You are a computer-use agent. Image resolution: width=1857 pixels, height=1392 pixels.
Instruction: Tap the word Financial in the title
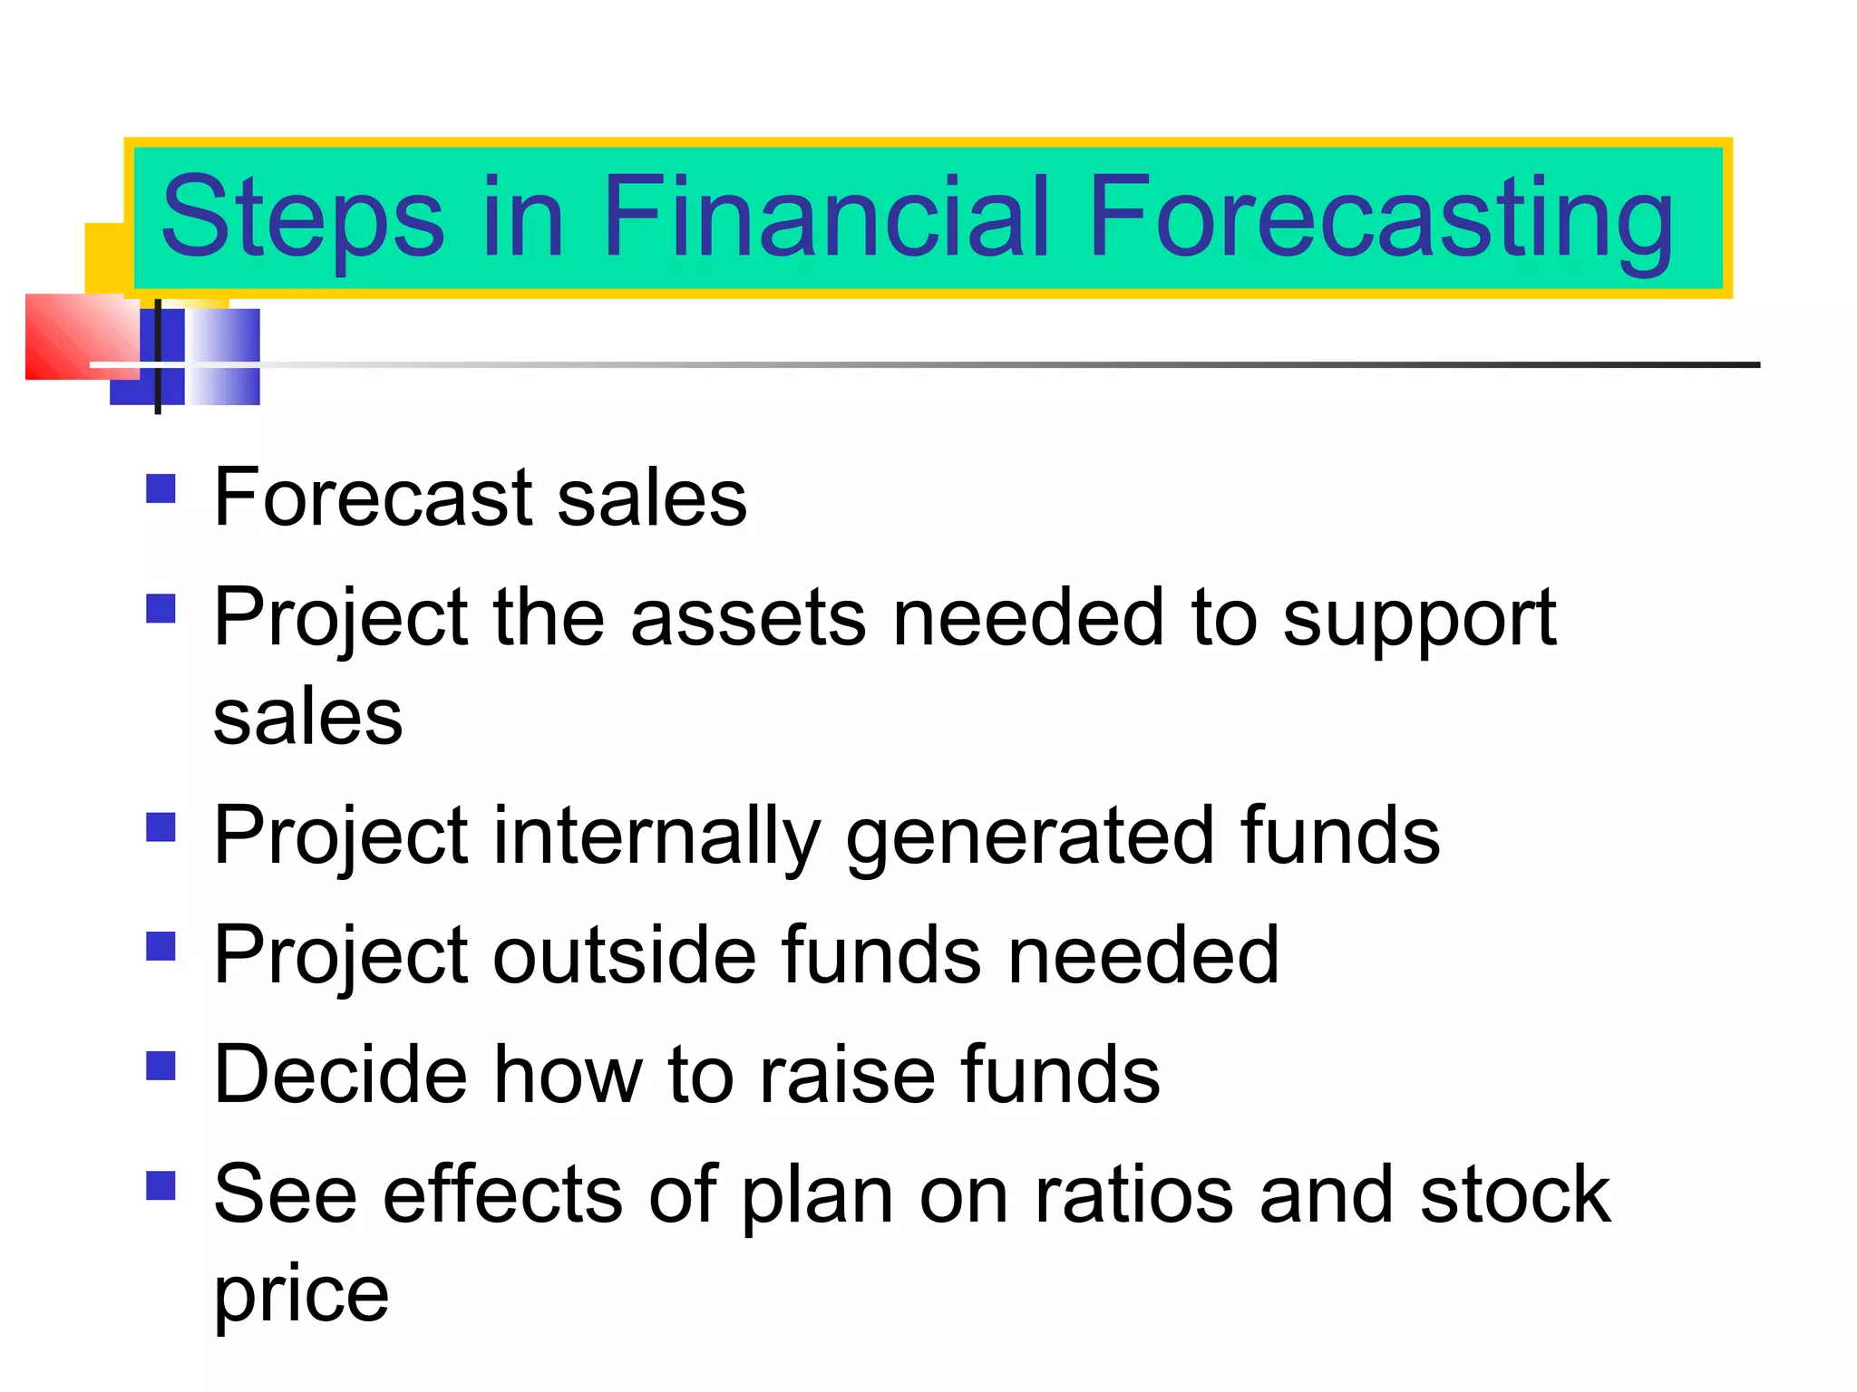click(x=825, y=217)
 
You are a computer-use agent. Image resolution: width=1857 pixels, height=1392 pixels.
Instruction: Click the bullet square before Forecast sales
click(x=160, y=489)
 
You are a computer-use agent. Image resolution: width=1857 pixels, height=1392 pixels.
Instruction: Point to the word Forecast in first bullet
click(x=373, y=498)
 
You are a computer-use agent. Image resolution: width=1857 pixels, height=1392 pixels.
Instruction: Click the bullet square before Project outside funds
click(x=160, y=946)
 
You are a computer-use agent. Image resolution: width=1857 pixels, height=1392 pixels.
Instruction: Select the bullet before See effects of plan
click(x=160, y=1185)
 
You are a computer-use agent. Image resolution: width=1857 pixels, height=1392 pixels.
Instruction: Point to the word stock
click(x=1515, y=1194)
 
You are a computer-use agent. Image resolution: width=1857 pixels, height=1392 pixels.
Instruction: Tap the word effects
click(x=502, y=1194)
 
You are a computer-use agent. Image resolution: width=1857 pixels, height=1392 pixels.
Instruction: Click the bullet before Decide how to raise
click(x=160, y=1066)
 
